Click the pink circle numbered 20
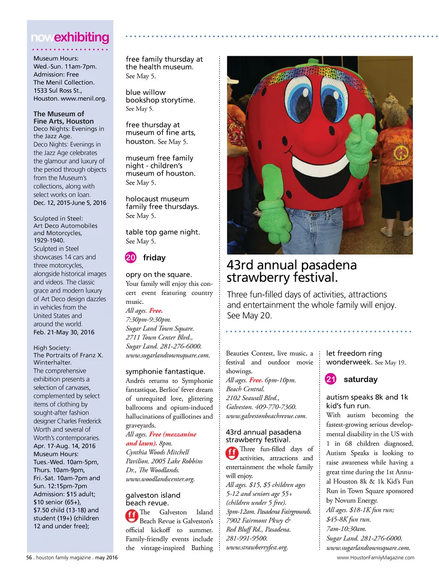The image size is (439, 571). (130, 258)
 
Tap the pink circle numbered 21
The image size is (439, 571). (331, 379)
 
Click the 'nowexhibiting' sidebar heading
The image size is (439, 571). (70, 38)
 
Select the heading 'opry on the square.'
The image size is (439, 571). (159, 274)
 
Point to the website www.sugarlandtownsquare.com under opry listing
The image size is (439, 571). (168, 355)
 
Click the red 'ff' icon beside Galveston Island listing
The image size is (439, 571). (132, 515)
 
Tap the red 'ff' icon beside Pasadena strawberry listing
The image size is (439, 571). (232, 453)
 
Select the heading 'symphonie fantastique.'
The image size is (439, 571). (165, 371)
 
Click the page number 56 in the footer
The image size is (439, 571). (29, 558)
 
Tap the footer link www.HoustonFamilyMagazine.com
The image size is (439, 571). (376, 558)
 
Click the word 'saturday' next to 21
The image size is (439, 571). (361, 379)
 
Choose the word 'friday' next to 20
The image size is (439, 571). (154, 258)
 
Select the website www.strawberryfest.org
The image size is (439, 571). (257, 547)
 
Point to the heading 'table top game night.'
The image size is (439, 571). (162, 232)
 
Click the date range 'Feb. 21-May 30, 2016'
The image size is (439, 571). (64, 332)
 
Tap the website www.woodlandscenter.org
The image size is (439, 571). (160, 479)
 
